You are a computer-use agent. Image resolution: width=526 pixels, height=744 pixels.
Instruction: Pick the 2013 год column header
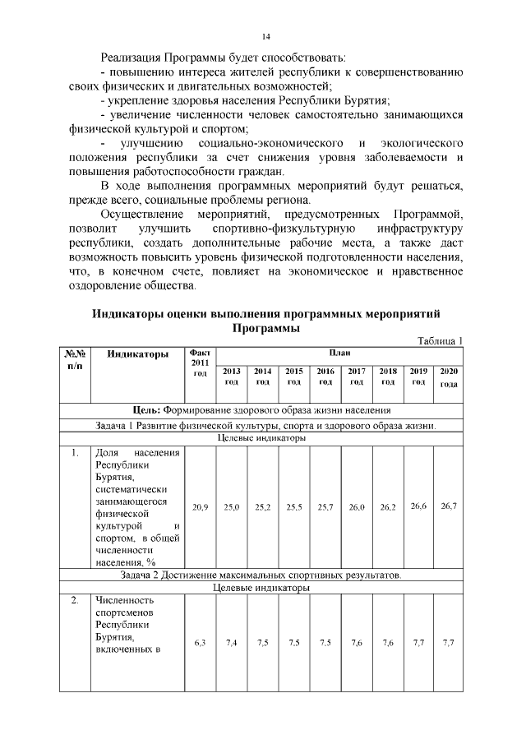click(232, 376)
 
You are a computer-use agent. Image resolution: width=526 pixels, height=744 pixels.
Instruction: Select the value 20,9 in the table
click(200, 508)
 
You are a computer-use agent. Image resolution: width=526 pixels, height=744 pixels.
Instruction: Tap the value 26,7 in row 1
click(449, 506)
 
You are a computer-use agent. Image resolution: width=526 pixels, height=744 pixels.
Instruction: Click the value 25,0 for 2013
click(232, 508)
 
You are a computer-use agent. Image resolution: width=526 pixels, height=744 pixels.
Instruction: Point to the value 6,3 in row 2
click(200, 643)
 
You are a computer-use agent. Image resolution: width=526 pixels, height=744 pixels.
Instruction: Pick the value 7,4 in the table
click(232, 643)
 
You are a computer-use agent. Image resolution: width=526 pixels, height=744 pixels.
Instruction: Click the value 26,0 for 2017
click(357, 508)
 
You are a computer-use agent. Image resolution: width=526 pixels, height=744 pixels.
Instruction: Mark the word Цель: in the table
click(147, 410)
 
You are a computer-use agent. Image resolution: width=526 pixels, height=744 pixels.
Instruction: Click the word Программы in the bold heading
click(265, 328)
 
